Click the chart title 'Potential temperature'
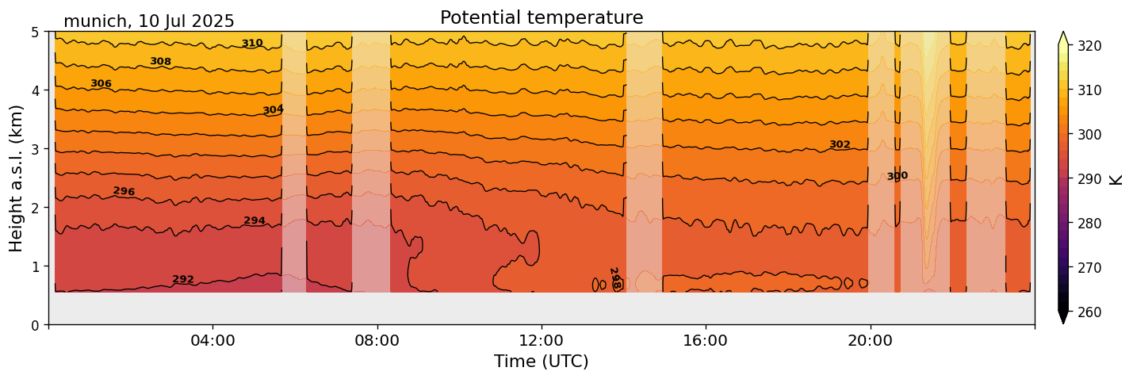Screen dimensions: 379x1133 [x=542, y=17]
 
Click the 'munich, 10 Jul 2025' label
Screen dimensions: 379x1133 [x=149, y=21]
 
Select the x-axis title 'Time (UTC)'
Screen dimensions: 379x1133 [x=542, y=362]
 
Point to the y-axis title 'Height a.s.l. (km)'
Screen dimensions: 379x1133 [x=17, y=178]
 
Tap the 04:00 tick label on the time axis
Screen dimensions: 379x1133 [x=212, y=340]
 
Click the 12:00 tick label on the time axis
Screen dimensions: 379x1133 [x=542, y=340]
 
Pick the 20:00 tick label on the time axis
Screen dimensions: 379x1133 [x=870, y=340]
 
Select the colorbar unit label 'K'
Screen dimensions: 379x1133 [x=1116, y=179]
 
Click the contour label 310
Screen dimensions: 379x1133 [x=252, y=44]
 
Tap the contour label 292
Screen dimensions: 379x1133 [x=183, y=279]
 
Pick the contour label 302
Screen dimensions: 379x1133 [x=840, y=144]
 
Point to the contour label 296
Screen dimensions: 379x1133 [x=124, y=191]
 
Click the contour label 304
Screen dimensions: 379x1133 [x=273, y=109]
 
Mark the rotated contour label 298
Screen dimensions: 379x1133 [x=614, y=278]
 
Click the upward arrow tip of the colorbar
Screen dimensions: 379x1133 [x=1063, y=34]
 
